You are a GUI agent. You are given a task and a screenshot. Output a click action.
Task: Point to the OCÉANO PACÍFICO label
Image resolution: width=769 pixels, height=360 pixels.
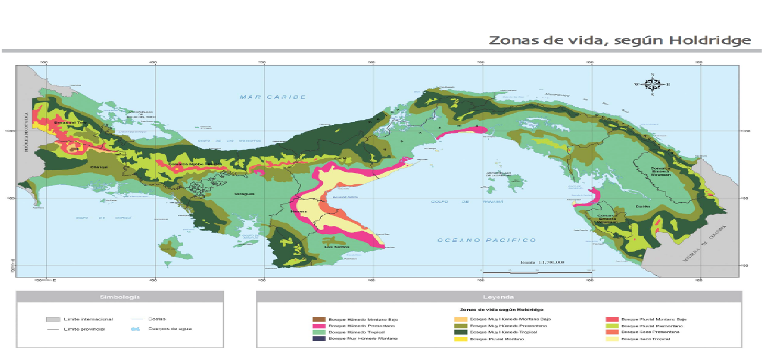(x=487, y=240)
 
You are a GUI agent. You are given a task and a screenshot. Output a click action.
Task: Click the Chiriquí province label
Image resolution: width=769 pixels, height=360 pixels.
(x=100, y=167)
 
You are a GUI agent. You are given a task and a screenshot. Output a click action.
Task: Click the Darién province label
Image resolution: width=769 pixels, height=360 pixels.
(x=643, y=207)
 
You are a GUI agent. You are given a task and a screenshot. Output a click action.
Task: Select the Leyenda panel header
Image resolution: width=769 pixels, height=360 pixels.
(x=498, y=297)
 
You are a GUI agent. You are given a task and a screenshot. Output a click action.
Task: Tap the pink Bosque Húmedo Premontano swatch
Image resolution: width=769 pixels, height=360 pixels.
(x=320, y=326)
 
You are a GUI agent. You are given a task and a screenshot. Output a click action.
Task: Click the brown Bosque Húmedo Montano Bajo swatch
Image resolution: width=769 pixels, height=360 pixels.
(x=320, y=320)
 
